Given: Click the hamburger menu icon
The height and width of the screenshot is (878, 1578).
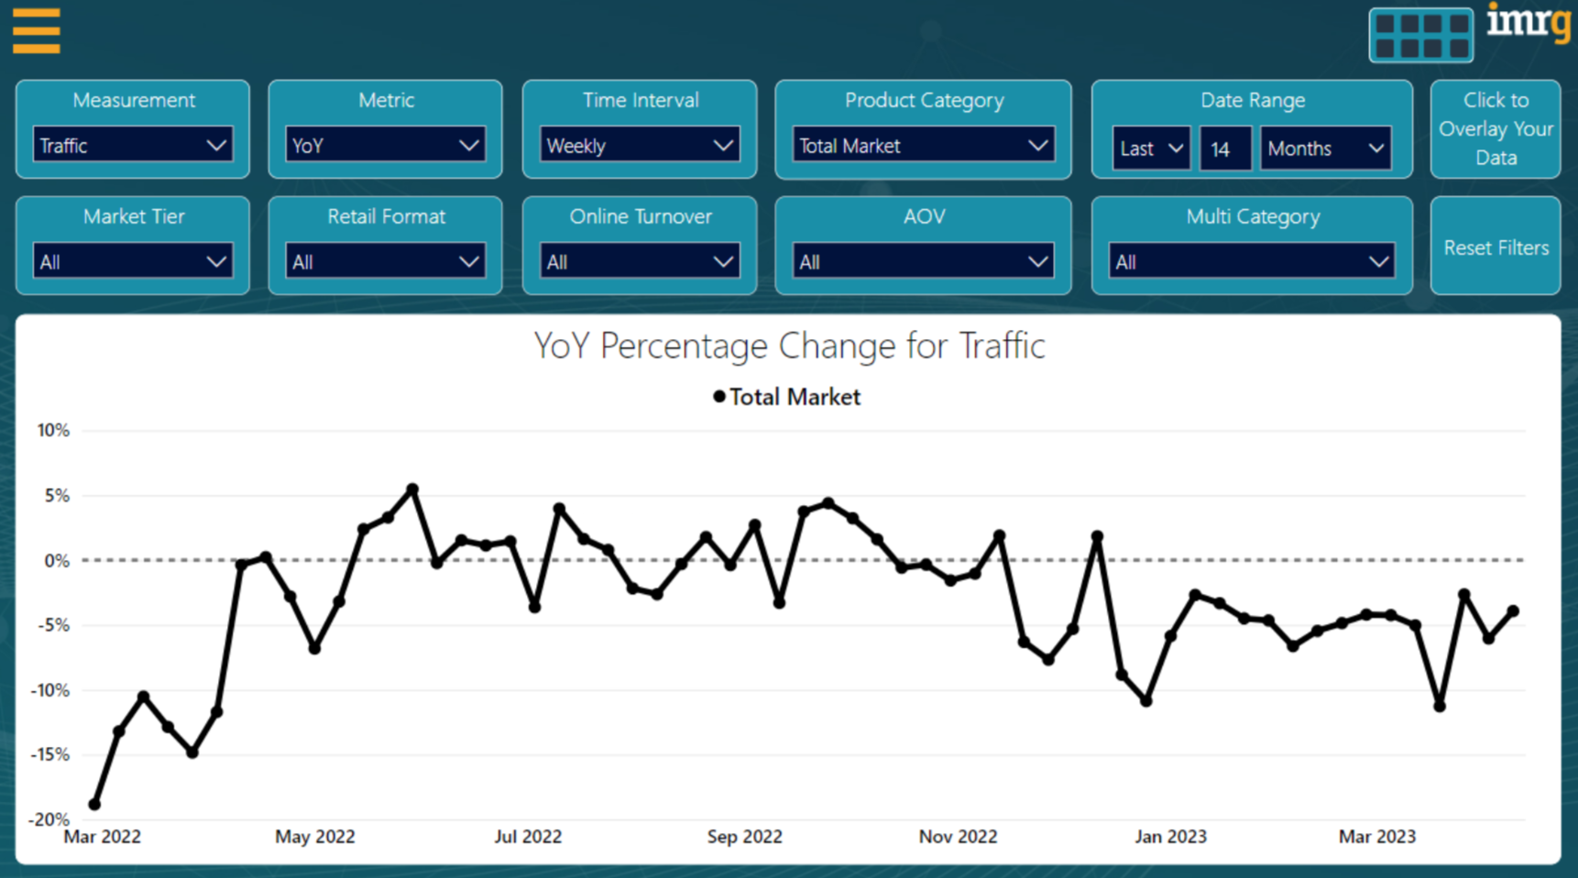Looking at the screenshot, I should (x=37, y=31).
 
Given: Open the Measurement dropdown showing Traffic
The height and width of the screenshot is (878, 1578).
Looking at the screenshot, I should (x=132, y=146).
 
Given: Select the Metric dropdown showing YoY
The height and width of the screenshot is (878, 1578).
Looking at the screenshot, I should (x=385, y=146).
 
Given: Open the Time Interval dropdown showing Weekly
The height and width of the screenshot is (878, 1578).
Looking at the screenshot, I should (x=639, y=146).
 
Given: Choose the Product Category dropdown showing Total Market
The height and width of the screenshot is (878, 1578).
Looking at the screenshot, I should (x=923, y=146).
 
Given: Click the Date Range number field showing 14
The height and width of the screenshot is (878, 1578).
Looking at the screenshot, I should (x=1224, y=148).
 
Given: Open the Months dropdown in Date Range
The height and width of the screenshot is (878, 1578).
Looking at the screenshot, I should (x=1325, y=148).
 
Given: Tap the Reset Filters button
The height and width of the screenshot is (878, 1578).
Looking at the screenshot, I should (x=1496, y=247).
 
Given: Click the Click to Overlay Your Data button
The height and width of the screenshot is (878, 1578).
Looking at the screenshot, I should (x=1496, y=129).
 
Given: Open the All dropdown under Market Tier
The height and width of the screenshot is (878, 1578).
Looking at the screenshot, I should (x=132, y=262).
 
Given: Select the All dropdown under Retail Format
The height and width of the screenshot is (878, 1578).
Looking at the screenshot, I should (x=385, y=262).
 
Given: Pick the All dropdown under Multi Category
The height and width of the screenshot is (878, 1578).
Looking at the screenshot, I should (x=1251, y=262).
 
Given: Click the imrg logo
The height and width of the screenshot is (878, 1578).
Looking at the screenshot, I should (x=1528, y=22).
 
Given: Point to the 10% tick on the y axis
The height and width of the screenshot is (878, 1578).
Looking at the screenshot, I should (x=53, y=430).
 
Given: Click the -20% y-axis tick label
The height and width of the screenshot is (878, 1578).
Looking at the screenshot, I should (x=49, y=819).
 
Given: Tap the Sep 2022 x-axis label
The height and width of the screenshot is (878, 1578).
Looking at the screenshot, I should (x=744, y=837).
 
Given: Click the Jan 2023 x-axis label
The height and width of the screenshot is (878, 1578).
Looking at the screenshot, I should (x=1170, y=837).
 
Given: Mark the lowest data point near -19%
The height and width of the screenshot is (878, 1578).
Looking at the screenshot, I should (x=94, y=805).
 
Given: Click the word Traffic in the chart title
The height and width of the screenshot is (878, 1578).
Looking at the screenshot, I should (x=1002, y=346).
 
